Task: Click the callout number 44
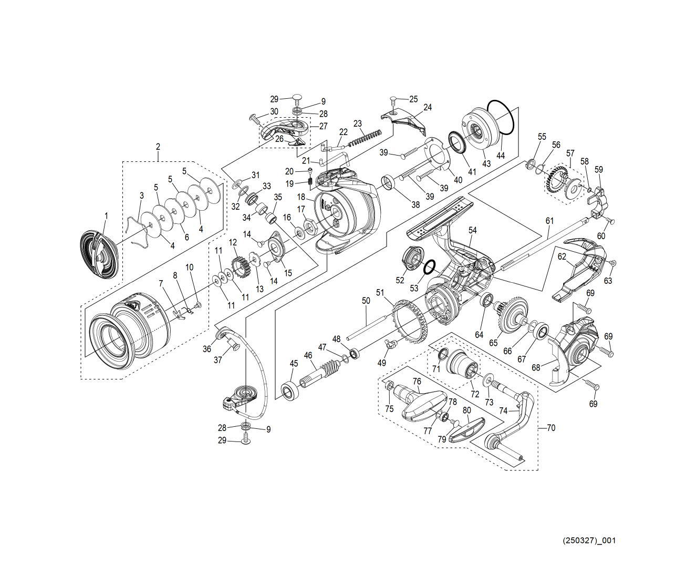point(500,156)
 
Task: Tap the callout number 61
point(549,221)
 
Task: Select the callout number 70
point(550,428)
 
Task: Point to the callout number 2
point(158,147)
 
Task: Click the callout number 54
point(472,230)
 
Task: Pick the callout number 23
point(358,124)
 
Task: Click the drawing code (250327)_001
point(589,540)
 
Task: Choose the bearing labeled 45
point(289,392)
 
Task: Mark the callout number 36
point(207,349)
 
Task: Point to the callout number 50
point(366,301)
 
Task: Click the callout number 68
point(535,368)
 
